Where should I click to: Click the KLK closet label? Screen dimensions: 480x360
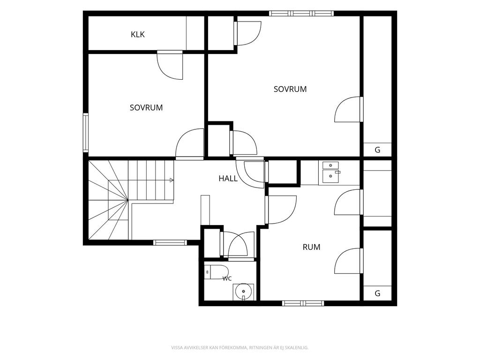pos(138,34)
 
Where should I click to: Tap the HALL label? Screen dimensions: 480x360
pos(228,179)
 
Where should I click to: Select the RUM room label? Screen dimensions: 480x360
pos(311,247)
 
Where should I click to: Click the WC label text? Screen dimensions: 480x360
pos(227,278)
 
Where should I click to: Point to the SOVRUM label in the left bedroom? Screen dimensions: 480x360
pos(146,108)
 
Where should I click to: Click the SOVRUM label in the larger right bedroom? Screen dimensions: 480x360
pos(290,89)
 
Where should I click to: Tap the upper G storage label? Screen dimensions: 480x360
pos(377,150)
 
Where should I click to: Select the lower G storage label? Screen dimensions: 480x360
pos(377,293)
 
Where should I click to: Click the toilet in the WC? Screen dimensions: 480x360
pos(217,272)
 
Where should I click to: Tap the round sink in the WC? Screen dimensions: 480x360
pos(244,292)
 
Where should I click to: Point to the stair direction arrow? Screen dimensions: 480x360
pos(172,180)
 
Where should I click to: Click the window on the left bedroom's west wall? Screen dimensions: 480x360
pos(86,133)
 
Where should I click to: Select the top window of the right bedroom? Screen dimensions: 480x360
pos(301,13)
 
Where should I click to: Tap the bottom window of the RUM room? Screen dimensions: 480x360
pos(303,303)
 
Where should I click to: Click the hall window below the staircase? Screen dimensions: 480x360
pos(170,243)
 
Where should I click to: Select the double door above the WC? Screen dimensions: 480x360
pos(237,245)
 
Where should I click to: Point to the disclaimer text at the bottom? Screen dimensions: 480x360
pos(240,347)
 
